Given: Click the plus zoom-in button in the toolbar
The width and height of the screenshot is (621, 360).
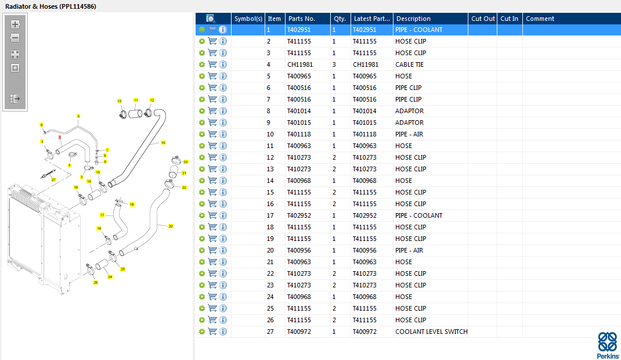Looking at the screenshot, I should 15,24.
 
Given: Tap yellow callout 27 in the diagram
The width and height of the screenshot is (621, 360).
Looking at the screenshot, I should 53,180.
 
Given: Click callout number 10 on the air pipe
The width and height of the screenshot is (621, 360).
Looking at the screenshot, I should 163,142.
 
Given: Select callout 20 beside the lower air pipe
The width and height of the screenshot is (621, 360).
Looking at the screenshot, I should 171,226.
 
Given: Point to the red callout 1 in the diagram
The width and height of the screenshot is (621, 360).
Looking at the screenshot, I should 60,136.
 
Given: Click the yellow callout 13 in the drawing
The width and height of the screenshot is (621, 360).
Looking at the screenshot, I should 120,101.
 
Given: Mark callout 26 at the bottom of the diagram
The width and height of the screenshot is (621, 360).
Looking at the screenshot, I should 96,282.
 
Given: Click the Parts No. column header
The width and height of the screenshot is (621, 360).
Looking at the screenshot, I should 302,19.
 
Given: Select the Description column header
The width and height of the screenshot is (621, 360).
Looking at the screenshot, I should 413,19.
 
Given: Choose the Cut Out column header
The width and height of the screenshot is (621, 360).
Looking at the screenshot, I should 483,19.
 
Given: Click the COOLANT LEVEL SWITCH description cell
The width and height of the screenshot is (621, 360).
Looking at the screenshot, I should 431,332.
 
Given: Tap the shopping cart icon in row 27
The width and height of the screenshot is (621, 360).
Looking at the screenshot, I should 212,332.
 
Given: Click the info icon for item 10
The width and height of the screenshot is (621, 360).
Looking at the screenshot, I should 223,134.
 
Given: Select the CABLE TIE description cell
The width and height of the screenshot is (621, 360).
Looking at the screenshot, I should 409,64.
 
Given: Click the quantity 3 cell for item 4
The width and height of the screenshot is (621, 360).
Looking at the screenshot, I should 334,64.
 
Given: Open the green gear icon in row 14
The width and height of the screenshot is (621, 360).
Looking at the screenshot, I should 202,181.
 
